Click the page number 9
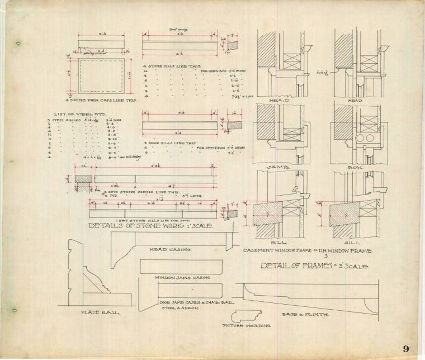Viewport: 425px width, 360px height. coord(405,349)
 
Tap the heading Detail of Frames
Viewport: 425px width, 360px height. coord(314,266)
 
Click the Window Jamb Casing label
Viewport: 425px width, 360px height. coord(174,277)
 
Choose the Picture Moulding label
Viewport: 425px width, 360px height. coord(239,325)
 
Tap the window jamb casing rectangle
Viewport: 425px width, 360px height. coord(180,267)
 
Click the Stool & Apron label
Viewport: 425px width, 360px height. coord(173,307)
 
